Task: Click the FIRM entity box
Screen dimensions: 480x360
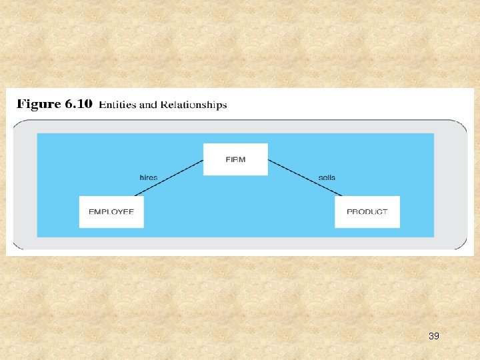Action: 235,159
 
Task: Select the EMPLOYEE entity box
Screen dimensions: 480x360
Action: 111,211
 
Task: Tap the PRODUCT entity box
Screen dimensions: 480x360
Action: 367,211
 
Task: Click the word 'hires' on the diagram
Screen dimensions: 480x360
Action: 149,177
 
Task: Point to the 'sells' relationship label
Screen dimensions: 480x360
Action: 327,177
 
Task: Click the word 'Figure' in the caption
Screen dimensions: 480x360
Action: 39,105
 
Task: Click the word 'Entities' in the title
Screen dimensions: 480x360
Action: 117,105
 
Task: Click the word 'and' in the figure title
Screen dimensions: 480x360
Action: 148,105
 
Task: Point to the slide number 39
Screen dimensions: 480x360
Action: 433,336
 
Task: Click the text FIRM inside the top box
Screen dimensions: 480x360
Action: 235,159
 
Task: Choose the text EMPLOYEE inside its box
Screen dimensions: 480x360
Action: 111,211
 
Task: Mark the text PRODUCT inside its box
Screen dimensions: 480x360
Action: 367,211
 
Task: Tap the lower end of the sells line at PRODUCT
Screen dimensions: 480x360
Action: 341,195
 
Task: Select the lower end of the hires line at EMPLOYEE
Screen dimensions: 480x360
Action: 135,195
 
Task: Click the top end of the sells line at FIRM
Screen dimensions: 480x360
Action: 269,160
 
